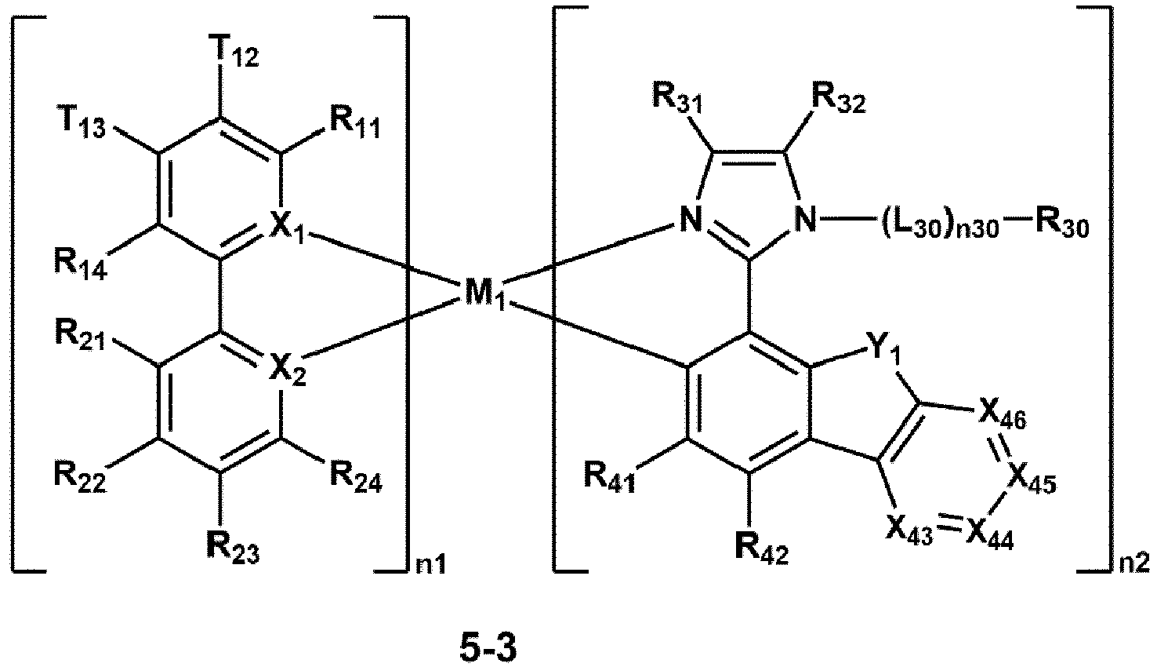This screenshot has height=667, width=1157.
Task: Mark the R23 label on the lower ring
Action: pos(233,546)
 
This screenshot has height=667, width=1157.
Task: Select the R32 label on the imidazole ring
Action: pos(838,98)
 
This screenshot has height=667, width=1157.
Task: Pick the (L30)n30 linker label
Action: pos(938,227)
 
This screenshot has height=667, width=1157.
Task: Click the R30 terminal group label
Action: pos(1054,227)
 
